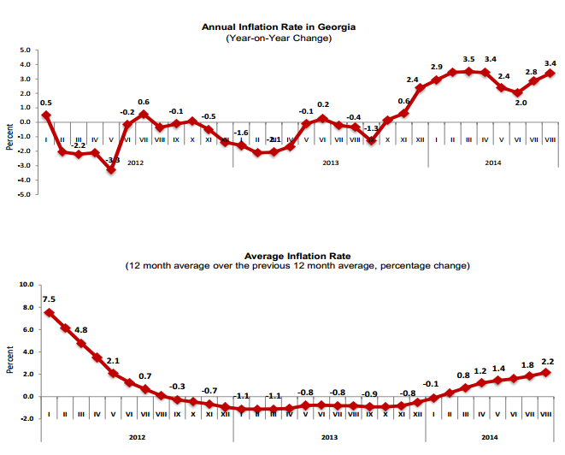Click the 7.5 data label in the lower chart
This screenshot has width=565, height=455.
point(48,299)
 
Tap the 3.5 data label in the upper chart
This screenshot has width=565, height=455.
point(468,59)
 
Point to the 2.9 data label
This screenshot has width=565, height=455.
point(436,67)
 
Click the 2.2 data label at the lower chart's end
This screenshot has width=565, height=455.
point(548,361)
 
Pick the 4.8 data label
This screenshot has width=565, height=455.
point(80,329)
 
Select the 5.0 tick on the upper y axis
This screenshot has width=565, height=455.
point(26,50)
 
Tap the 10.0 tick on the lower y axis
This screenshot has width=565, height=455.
point(25,285)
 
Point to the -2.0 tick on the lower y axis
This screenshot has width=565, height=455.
point(25,418)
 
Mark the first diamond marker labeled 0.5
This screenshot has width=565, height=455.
point(45,115)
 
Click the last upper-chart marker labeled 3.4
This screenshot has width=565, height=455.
point(550,74)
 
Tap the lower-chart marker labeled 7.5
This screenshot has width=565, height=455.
point(49,313)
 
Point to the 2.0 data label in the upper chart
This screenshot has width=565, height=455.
point(520,103)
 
